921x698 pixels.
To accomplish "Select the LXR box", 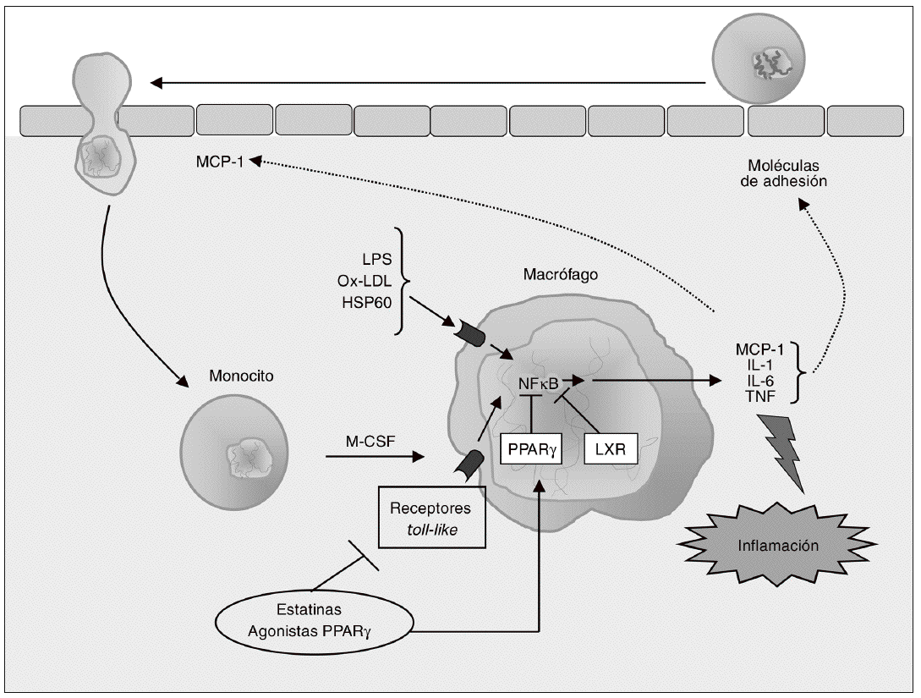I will (610, 449).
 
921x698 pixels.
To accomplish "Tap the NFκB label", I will (539, 383).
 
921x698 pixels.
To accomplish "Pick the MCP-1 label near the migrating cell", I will (217, 160).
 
